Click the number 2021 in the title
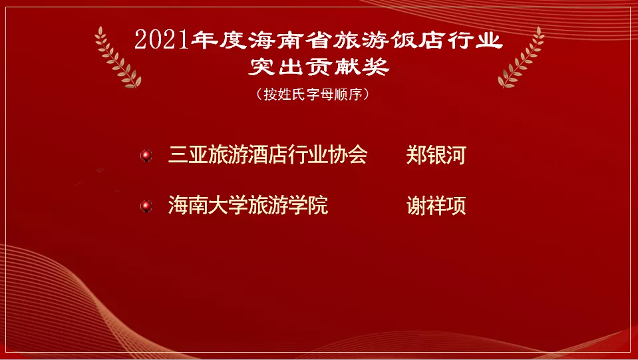pos(162,41)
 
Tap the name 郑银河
pos(436,156)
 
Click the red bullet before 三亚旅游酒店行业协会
pos(146,156)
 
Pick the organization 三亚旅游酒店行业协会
pos(267,156)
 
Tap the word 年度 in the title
pos(216,41)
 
